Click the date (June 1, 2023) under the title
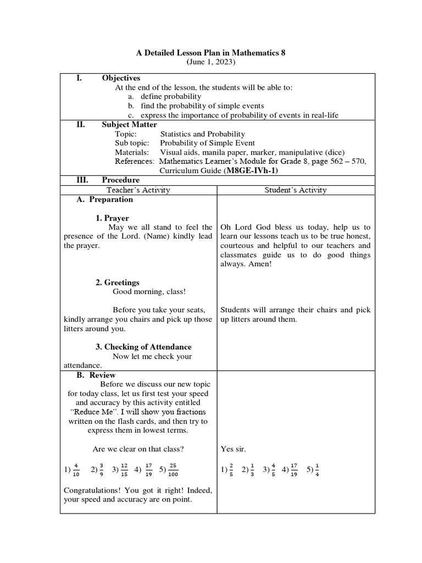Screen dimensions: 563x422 pyautogui.click(x=210, y=63)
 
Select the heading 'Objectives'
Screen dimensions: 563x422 pyautogui.click(x=121, y=78)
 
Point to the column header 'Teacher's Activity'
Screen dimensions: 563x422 pyautogui.click(x=138, y=190)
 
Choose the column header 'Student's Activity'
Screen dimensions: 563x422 pyautogui.click(x=295, y=190)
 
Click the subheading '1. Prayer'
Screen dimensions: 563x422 pyautogui.click(x=112, y=218)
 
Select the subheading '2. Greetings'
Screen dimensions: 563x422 pyautogui.click(x=118, y=282)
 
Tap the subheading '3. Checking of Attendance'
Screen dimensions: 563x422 pyautogui.click(x=143, y=347)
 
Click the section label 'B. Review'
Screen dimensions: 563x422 pyautogui.click(x=96, y=375)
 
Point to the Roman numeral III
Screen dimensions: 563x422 pyautogui.click(x=80, y=180)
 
